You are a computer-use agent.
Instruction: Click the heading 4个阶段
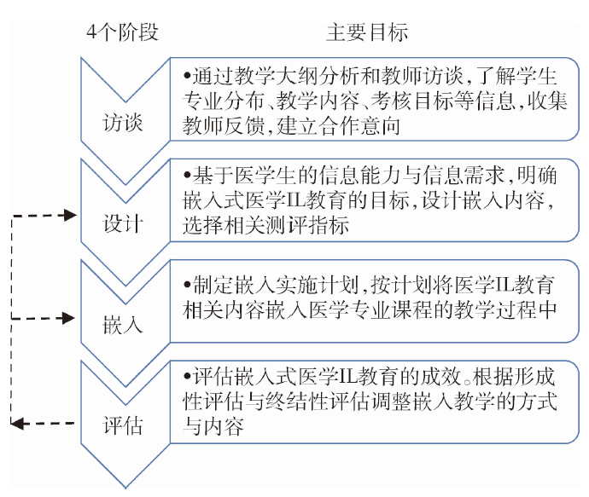(x=122, y=32)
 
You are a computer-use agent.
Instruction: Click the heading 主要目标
(x=367, y=32)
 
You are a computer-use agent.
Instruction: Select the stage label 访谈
(x=123, y=123)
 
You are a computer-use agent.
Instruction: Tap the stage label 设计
(x=123, y=224)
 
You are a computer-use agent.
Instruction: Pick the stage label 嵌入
(x=123, y=325)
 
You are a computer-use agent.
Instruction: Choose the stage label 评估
(x=123, y=425)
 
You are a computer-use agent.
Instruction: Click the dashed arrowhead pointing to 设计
(x=70, y=216)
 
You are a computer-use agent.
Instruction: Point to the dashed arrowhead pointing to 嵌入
(x=69, y=319)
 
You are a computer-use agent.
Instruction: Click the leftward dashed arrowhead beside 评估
(x=17, y=424)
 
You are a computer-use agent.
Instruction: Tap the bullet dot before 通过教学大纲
(x=187, y=76)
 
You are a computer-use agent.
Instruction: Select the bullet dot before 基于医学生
(x=187, y=175)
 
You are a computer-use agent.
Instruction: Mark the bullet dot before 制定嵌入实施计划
(x=187, y=285)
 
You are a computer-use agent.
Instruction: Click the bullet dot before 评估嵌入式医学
(x=187, y=376)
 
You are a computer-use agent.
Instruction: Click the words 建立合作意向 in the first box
(x=338, y=126)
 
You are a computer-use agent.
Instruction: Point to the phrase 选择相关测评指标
(x=266, y=225)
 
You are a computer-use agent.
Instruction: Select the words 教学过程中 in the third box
(x=504, y=310)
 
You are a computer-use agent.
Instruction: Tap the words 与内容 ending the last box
(x=213, y=426)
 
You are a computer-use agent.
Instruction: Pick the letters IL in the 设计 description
(x=295, y=200)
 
